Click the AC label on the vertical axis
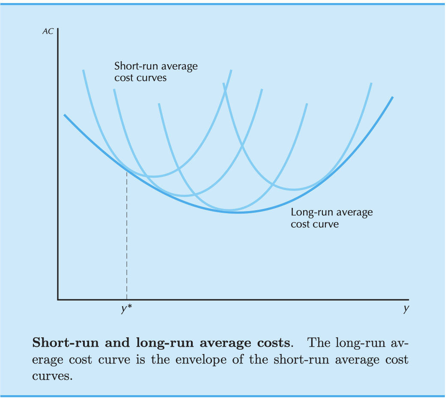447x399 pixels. (48, 32)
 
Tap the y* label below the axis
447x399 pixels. (126, 309)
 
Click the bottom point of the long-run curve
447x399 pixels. (238, 212)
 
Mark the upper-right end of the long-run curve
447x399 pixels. (392, 98)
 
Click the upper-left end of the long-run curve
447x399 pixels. (65, 115)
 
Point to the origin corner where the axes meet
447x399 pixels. (57, 299)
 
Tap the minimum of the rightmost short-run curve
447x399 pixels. (294, 189)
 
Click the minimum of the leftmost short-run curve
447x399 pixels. (153, 176)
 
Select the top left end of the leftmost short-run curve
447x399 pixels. (83, 70)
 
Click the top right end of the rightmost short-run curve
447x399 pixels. (371, 83)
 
